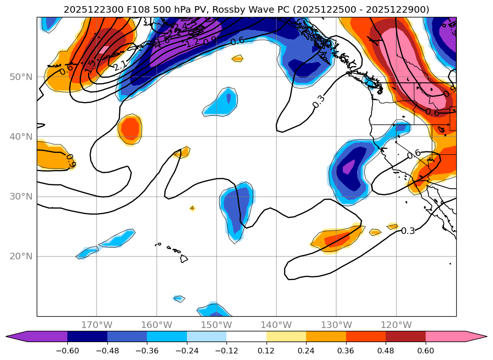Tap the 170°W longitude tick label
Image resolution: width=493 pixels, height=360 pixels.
click(97, 325)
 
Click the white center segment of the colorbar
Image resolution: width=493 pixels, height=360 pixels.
click(246, 336)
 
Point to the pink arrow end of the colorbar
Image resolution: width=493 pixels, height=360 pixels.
click(476, 336)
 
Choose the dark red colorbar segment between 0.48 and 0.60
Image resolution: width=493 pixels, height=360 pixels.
click(405, 336)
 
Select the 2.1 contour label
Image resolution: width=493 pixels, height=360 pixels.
click(120, 66)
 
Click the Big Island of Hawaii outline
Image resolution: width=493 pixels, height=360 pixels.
click(184, 258)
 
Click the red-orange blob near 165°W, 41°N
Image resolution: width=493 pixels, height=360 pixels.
click(129, 128)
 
